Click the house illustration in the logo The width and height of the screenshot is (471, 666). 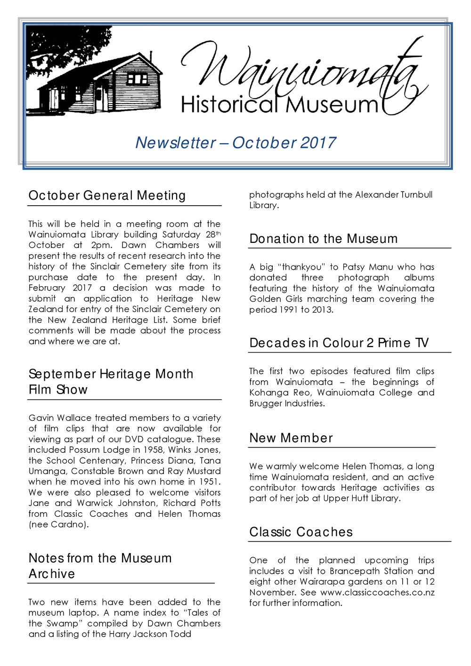point(101,82)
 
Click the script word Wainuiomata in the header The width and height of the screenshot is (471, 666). point(301,71)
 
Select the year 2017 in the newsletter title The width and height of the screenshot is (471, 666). point(318,143)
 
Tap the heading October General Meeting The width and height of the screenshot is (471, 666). point(107,195)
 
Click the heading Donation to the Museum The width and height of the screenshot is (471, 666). point(324,239)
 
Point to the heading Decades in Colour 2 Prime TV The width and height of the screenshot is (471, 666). point(339,343)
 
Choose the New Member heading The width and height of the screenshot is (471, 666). point(291,438)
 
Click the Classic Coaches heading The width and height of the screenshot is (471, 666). point(301,532)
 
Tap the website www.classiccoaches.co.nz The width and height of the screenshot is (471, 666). point(367,592)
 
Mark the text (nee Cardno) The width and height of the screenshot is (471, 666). point(58,524)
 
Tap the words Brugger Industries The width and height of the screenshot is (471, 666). point(287,403)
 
